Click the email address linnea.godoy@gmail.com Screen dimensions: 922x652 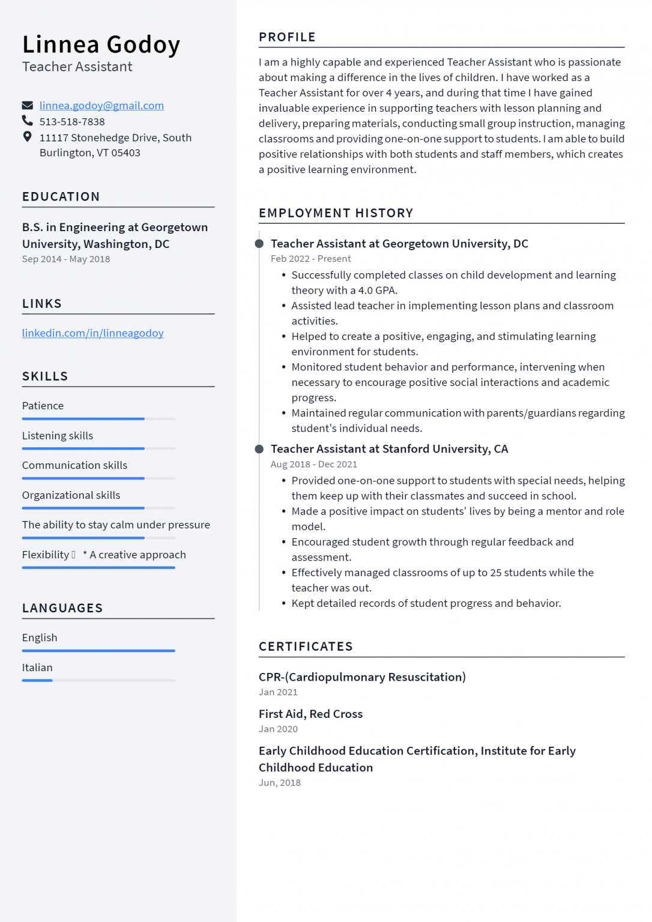(x=101, y=106)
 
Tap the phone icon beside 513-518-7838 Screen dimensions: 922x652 (x=28, y=121)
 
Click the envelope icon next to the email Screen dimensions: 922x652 (x=28, y=106)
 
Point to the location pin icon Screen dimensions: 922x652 (x=28, y=137)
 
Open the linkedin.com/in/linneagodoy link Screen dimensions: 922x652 (x=92, y=333)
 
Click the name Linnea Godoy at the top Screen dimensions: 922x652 (x=101, y=45)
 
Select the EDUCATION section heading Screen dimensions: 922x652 (x=61, y=197)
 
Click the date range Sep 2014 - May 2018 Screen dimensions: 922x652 (x=66, y=259)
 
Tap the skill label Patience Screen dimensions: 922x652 (x=43, y=406)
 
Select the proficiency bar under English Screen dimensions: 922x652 (x=98, y=651)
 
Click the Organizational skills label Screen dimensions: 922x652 (x=71, y=495)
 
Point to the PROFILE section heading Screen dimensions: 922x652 (x=287, y=37)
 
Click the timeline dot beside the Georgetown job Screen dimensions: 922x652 (x=259, y=244)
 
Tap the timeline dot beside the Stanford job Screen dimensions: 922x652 (x=259, y=449)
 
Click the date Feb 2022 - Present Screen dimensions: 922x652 (x=310, y=259)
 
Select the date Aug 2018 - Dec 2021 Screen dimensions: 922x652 (x=313, y=465)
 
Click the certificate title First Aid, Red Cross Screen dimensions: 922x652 (x=310, y=714)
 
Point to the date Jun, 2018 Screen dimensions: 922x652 (x=280, y=783)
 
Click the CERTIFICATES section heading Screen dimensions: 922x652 (x=306, y=646)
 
